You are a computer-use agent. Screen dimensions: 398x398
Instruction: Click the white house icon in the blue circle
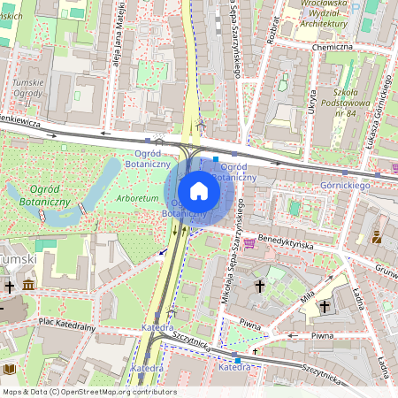click(x=199, y=190)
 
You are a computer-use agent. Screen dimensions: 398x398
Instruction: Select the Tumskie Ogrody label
click(x=27, y=88)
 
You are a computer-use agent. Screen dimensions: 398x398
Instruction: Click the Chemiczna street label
click(x=333, y=47)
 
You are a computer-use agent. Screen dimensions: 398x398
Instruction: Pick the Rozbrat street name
click(x=273, y=28)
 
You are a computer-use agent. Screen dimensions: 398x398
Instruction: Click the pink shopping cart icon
click(x=249, y=241)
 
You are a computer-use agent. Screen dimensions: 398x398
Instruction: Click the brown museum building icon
click(x=29, y=285)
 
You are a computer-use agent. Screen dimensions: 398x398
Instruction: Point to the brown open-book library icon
click(x=10, y=369)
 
